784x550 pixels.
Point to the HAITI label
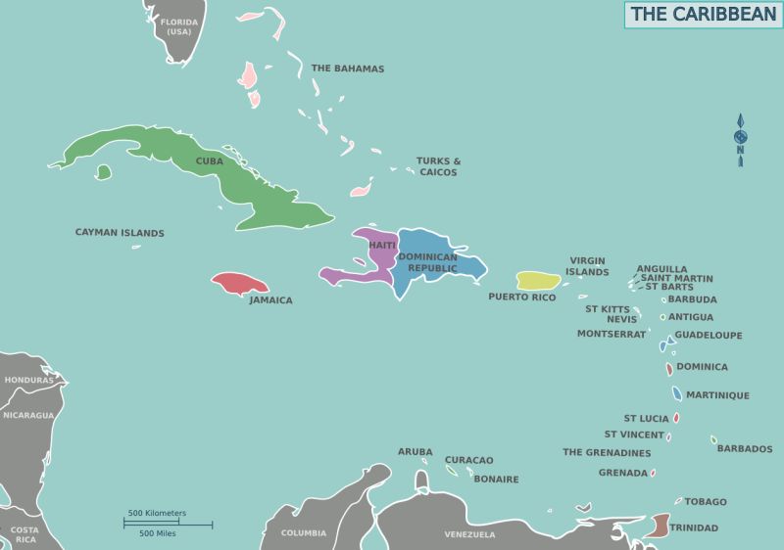[382, 245]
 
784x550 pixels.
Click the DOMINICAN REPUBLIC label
[427, 262]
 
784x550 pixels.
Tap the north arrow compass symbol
[741, 141]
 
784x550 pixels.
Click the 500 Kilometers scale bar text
[157, 513]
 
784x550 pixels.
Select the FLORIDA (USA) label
[178, 25]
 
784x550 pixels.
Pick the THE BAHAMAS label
[347, 69]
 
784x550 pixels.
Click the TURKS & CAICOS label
[438, 166]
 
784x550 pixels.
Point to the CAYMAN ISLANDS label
[120, 233]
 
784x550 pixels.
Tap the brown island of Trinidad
[661, 526]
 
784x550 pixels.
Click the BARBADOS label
[745, 449]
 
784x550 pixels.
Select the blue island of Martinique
[677, 394]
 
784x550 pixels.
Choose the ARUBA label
[415, 451]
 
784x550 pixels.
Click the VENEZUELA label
[469, 534]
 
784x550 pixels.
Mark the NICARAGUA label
[28, 415]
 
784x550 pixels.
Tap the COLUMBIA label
[304, 533]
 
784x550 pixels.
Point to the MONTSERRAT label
[612, 334]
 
